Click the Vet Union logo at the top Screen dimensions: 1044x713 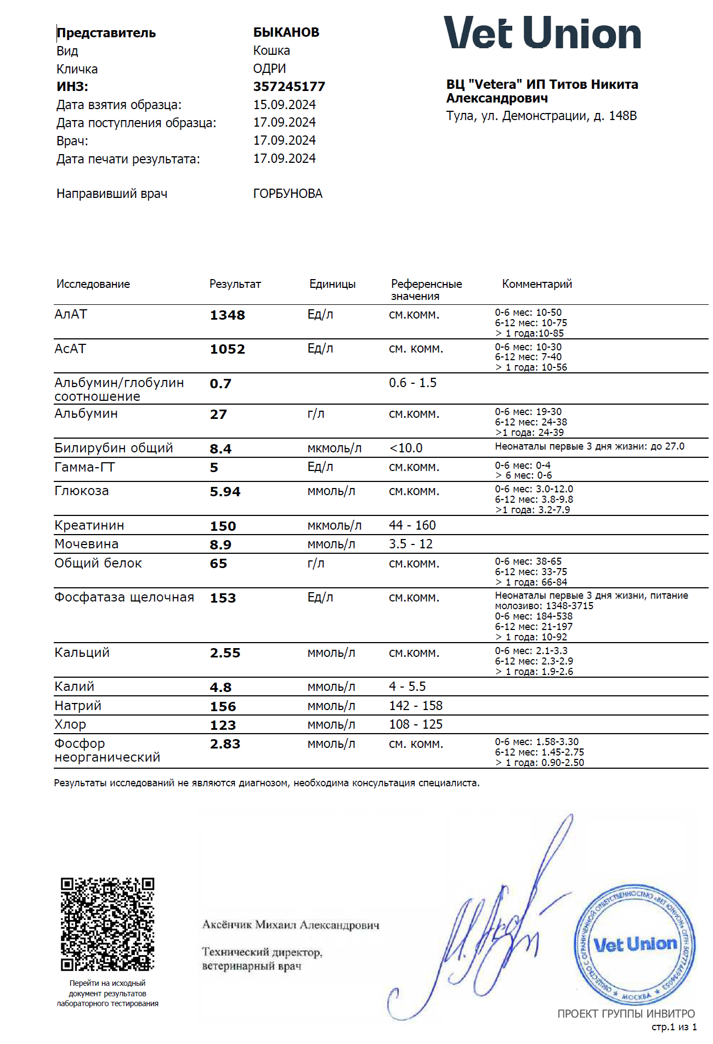click(x=542, y=33)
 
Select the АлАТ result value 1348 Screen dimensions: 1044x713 click(x=227, y=315)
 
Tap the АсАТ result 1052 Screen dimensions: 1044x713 click(x=227, y=349)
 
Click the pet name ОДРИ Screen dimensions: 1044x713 click(x=269, y=69)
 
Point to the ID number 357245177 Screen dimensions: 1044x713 click(x=289, y=87)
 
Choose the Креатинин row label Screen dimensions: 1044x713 click(x=89, y=525)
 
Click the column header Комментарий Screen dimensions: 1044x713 click(x=536, y=284)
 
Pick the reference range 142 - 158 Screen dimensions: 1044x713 click(x=416, y=706)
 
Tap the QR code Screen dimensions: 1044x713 click(x=107, y=924)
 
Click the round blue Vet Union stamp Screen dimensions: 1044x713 click(x=635, y=944)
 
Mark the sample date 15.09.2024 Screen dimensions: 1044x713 click(x=284, y=105)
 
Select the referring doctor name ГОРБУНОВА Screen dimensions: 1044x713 click(x=287, y=194)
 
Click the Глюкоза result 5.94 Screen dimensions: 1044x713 click(x=225, y=492)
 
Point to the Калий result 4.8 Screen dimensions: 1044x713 click(x=220, y=688)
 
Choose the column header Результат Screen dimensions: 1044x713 click(x=235, y=284)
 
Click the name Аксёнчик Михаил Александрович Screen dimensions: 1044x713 click(x=291, y=925)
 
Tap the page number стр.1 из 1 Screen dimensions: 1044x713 click(x=674, y=1027)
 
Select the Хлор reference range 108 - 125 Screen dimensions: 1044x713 click(x=416, y=724)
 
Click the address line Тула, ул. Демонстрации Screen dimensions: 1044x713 click(x=541, y=116)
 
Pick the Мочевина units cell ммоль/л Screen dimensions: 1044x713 click(x=331, y=544)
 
